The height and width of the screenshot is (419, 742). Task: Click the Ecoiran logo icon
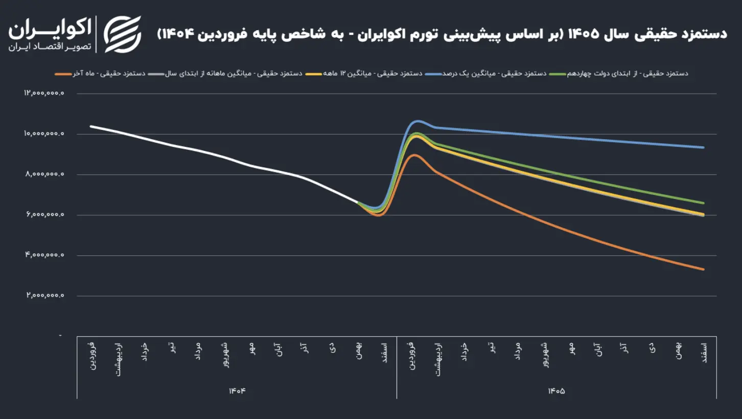point(123,34)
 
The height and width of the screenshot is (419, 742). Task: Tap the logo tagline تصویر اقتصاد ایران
point(50,47)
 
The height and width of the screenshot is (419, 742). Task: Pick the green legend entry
point(617,74)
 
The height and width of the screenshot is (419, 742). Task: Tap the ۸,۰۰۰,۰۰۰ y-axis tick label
point(44,174)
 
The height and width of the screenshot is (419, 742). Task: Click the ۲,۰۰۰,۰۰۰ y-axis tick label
point(44,296)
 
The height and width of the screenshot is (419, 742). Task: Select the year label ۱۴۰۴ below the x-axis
point(237,391)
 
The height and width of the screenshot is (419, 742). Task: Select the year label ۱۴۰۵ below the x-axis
point(556,391)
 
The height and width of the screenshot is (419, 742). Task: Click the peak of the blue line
point(418,121)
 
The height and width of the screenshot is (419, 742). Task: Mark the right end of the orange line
point(704,269)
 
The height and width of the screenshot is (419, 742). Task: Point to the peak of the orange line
point(414,155)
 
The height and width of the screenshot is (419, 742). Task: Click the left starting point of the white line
point(91,126)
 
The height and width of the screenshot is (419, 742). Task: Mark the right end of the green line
point(704,203)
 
